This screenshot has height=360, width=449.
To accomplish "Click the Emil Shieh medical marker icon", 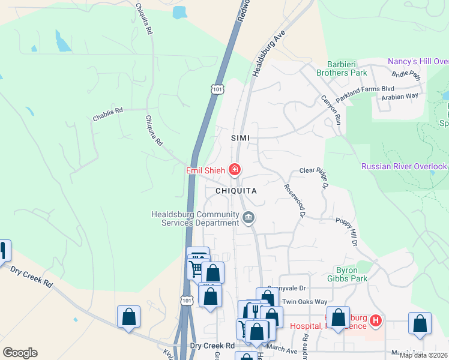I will pyautogui.click(x=235, y=170).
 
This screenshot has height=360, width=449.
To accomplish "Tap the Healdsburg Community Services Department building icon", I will pyautogui.click(x=249, y=217).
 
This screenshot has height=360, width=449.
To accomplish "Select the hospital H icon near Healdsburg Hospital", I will pyautogui.click(x=376, y=321).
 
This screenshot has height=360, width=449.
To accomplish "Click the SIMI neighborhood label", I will pyautogui.click(x=240, y=138).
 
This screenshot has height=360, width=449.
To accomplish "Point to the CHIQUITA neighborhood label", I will pyautogui.click(x=236, y=191).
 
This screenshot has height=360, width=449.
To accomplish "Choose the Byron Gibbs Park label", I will pyautogui.click(x=348, y=274).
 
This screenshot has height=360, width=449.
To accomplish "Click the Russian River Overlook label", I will pyautogui.click(x=404, y=166).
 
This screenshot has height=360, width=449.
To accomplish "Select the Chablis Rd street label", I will pyautogui.click(x=107, y=111).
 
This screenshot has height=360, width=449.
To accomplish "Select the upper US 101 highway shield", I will pyautogui.click(x=217, y=89).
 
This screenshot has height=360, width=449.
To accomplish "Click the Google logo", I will pyautogui.click(x=20, y=353).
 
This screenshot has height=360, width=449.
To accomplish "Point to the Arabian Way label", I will pyautogui.click(x=403, y=95).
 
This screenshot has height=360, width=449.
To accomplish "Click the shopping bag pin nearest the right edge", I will pyautogui.click(x=420, y=323).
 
